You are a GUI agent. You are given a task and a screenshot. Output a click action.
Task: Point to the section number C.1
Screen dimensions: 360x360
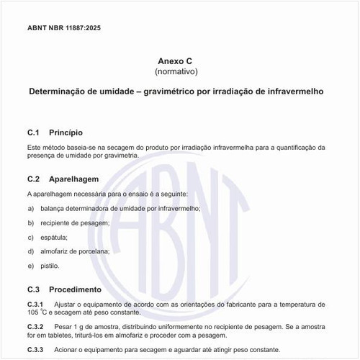(32, 132)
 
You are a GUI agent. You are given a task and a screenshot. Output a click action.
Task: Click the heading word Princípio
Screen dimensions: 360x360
(66, 132)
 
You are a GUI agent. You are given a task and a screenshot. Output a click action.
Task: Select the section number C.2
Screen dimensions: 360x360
(32, 179)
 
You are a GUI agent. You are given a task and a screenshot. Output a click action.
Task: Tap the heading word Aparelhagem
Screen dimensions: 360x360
(73, 179)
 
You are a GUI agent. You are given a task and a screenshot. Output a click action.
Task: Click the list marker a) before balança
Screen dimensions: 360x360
(31, 208)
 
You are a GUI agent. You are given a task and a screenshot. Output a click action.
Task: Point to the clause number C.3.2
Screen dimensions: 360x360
(35, 327)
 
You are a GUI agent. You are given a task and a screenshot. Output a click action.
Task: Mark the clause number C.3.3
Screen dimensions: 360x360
(35, 349)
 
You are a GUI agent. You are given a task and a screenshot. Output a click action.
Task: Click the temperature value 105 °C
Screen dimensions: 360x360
(36, 313)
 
